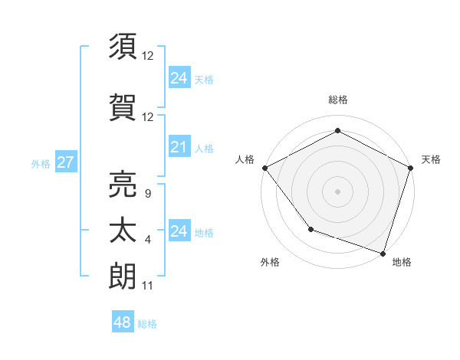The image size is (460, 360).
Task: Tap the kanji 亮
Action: pos(123,183)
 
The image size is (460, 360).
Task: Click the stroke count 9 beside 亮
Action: pos(147,194)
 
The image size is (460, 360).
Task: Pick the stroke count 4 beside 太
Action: pos(147,240)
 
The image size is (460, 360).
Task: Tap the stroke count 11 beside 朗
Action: pos(147,286)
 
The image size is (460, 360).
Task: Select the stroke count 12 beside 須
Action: pos(148,56)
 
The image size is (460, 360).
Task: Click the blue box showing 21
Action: pos(179,148)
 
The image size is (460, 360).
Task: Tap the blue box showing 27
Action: pos(65,162)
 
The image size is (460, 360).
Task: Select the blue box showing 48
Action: pos(123,322)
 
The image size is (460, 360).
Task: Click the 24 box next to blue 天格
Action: pos(179,78)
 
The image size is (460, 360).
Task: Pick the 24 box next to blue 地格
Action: pos(179,231)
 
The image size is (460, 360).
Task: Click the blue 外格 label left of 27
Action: pos(41,163)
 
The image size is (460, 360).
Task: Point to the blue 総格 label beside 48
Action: pos(147,324)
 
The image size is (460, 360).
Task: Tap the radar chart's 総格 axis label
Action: pos(337,100)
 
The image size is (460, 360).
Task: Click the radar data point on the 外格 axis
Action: pos(310,229)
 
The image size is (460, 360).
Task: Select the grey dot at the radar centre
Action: pos(337,191)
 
